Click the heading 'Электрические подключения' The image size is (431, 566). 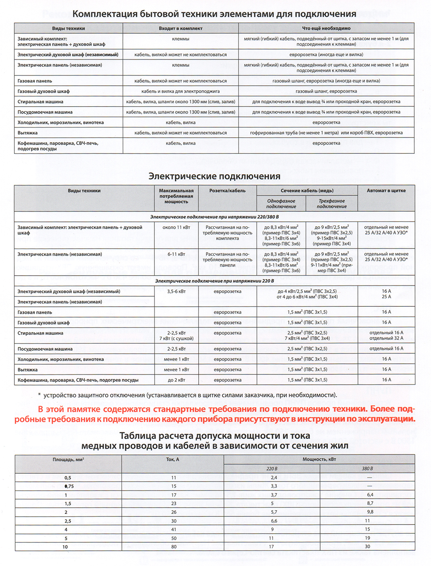[x=214, y=176]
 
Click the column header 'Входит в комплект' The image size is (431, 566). [x=181, y=28]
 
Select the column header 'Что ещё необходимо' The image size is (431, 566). [x=326, y=28]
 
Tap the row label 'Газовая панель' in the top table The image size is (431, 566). [x=35, y=81]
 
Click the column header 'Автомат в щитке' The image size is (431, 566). [x=386, y=191]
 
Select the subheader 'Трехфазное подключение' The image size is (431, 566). [x=332, y=204]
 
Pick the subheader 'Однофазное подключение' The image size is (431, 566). [x=281, y=204]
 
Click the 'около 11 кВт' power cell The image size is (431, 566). [x=176, y=228]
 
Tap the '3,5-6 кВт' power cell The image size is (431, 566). [x=176, y=292]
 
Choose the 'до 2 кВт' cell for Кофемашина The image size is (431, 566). [x=176, y=380]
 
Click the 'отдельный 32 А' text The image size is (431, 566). [x=386, y=338]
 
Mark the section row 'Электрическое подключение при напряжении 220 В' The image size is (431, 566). [x=214, y=281]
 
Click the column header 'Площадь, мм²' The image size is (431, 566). [x=68, y=460]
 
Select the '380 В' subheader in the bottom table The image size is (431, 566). [x=367, y=469]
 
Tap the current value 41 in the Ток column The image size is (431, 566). [x=174, y=529]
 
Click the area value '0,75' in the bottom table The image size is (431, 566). [x=68, y=486]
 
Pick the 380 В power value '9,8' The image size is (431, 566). [x=370, y=512]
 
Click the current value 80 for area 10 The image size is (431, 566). [x=174, y=547]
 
